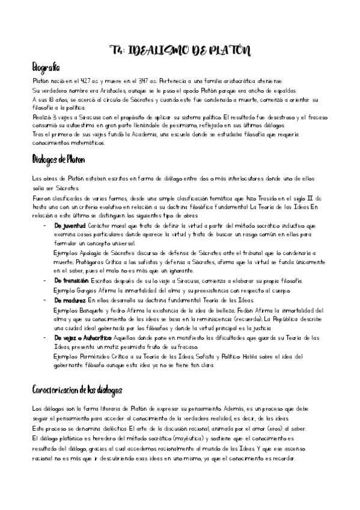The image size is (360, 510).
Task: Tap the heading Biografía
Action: [46, 67]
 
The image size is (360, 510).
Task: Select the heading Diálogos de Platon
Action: [58, 161]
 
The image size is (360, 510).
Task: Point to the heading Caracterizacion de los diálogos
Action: [77, 390]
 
